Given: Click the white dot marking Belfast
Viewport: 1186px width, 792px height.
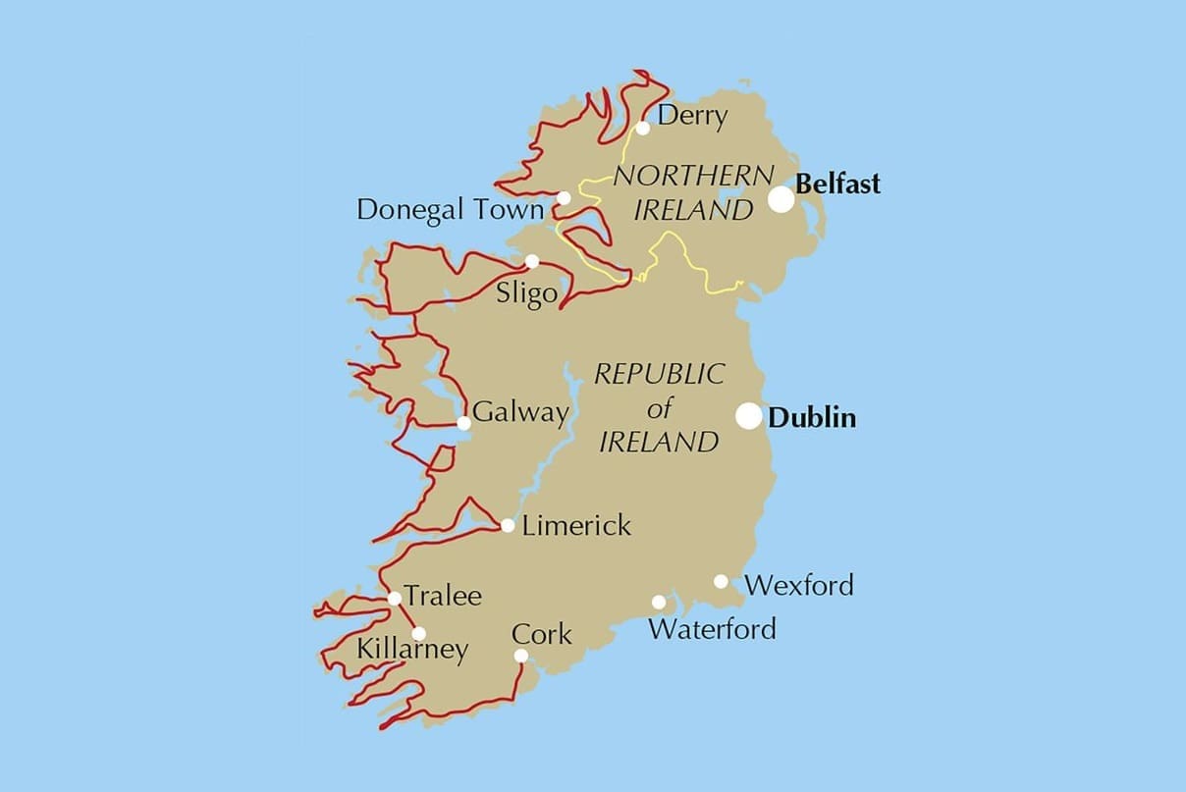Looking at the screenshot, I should click(781, 199).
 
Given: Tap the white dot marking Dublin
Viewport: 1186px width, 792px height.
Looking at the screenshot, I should click(749, 416).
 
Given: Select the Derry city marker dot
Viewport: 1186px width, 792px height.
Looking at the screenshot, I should click(643, 128).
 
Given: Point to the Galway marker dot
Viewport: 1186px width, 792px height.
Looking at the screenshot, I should click(463, 423).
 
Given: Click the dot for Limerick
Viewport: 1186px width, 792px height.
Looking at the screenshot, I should click(508, 525).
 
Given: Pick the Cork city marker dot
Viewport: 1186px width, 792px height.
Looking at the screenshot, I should click(520, 656).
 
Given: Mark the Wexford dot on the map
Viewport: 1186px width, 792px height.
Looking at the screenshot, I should click(721, 581).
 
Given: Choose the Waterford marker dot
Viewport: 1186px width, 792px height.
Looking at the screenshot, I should click(659, 602).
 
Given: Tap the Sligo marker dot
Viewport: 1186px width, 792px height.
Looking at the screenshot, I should click(531, 261).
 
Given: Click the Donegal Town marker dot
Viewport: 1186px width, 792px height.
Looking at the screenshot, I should click(564, 198).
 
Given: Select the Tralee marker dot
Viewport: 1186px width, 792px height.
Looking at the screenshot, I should click(394, 598).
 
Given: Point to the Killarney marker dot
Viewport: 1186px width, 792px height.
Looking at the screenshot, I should click(418, 633).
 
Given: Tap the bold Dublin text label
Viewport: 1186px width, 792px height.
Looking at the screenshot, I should click(812, 418).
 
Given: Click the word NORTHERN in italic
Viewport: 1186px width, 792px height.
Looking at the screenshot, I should click(693, 177).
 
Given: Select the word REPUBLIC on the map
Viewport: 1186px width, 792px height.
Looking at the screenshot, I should click(660, 374).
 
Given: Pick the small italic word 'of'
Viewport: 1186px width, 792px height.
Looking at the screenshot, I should click(660, 407).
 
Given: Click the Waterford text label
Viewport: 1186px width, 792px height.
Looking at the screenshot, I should click(712, 628).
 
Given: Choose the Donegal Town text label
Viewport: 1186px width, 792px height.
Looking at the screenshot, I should click(450, 210).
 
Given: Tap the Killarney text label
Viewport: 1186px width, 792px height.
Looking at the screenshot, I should click(412, 650).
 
